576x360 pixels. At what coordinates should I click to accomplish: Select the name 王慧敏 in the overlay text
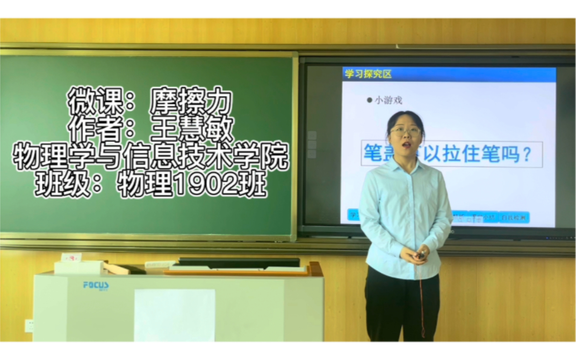point(192,129)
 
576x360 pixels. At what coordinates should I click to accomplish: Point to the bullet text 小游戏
point(388,100)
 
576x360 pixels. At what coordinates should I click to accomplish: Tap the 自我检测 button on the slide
point(514,218)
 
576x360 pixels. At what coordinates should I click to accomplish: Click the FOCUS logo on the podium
point(96,285)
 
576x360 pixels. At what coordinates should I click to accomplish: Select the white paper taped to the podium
point(174,315)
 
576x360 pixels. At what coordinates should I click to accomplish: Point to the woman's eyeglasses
point(406,130)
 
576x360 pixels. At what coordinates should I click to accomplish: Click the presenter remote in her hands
point(422,255)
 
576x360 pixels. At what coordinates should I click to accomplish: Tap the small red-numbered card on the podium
point(71,257)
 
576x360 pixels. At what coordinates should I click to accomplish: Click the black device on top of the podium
point(239,262)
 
